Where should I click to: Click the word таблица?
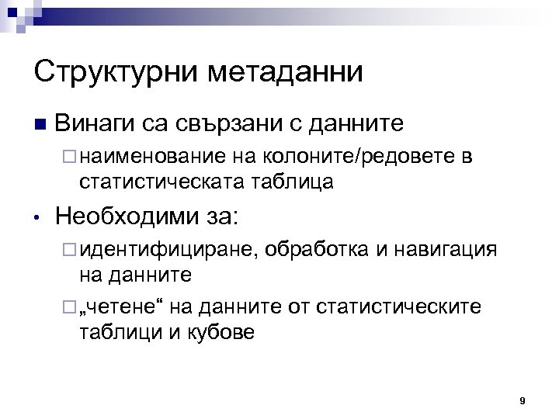coord(294,182)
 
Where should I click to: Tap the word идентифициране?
coord(170,251)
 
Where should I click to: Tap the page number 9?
coord(523,401)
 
